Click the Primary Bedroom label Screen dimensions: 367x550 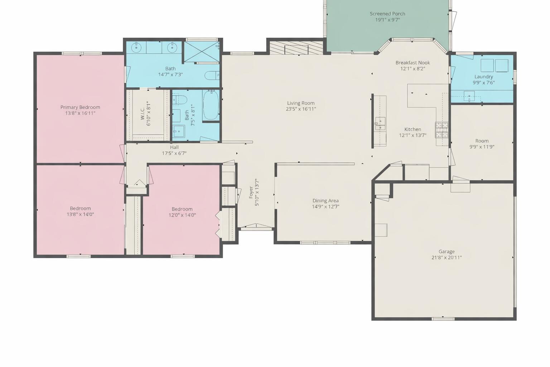[x=80, y=107]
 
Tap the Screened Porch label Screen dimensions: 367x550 [x=387, y=14]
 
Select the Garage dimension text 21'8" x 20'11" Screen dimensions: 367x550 [x=447, y=257]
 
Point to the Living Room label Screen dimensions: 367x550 [x=301, y=103]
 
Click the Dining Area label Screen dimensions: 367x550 [x=325, y=201]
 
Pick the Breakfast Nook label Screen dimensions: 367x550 [x=412, y=63]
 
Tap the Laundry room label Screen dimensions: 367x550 [x=483, y=77]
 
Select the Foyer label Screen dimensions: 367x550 [x=251, y=192]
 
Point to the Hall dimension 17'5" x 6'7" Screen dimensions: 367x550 [x=174, y=153]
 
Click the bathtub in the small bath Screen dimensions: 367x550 [x=211, y=105]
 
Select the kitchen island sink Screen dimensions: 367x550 [x=380, y=123]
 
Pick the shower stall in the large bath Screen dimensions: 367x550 [x=201, y=52]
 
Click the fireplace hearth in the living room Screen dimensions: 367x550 [x=289, y=49]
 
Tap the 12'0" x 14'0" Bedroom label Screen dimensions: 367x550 [x=182, y=209]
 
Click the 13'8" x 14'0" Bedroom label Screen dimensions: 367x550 [x=80, y=209]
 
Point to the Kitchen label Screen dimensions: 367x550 [x=412, y=129]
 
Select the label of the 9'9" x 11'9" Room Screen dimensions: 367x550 [x=482, y=141]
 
